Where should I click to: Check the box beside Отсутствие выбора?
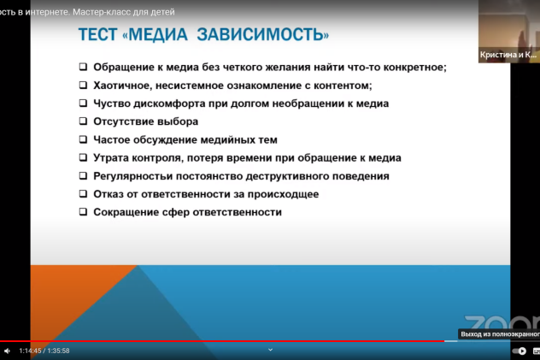pyautogui.click(x=84, y=121)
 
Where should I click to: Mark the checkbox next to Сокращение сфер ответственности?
pyautogui.click(x=84, y=212)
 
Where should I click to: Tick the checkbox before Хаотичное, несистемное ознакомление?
pyautogui.click(x=84, y=86)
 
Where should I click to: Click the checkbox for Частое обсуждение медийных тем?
pyautogui.click(x=84, y=139)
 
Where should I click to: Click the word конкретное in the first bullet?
pyautogui.click(x=414, y=67)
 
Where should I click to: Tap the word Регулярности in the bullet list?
pyautogui.click(x=132, y=176)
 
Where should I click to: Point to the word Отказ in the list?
pyautogui.click(x=109, y=194)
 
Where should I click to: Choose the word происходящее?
pyautogui.click(x=278, y=194)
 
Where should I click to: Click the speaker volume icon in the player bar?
pyautogui.click(x=7, y=351)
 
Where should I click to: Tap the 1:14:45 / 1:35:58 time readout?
pyautogui.click(x=44, y=351)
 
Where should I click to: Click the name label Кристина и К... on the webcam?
pyautogui.click(x=508, y=54)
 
